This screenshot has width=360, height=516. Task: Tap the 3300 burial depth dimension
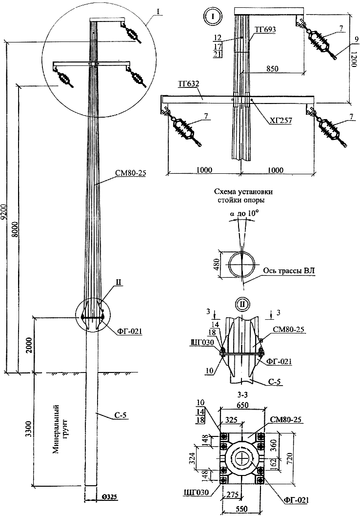tap(29, 428)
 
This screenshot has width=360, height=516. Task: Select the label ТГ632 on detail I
tap(189, 83)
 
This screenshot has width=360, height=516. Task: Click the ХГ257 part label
tap(281, 121)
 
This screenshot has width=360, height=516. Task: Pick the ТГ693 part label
tap(265, 30)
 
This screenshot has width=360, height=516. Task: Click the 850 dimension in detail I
tap(272, 69)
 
